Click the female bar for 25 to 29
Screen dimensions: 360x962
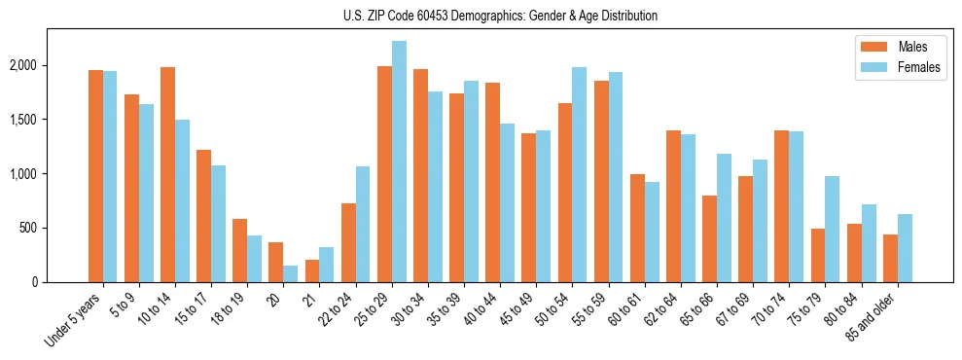399,162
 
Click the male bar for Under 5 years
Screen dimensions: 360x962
95,176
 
